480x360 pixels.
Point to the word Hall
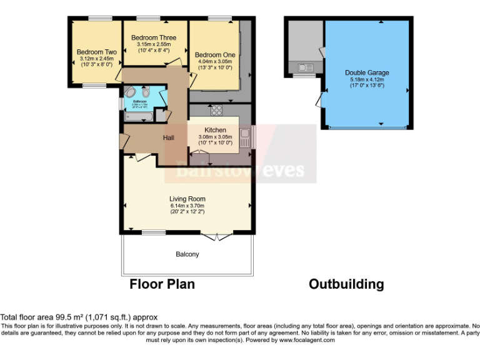pyautogui.click(x=169, y=137)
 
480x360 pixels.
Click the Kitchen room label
pyautogui.click(x=214, y=130)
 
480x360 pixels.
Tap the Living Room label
pyautogui.click(x=187, y=199)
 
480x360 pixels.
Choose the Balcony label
pyautogui.click(x=187, y=254)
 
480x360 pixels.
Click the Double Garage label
pyautogui.click(x=367, y=73)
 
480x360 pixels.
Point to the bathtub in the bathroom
pyautogui.click(x=139, y=116)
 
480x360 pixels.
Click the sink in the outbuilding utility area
pyautogui.click(x=305, y=67)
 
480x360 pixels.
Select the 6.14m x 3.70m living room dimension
pyautogui.click(x=187, y=206)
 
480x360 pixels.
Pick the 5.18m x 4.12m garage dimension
pyautogui.click(x=367, y=79)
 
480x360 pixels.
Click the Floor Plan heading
pyautogui.click(x=162, y=284)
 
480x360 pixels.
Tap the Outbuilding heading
pyautogui.click(x=346, y=284)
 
